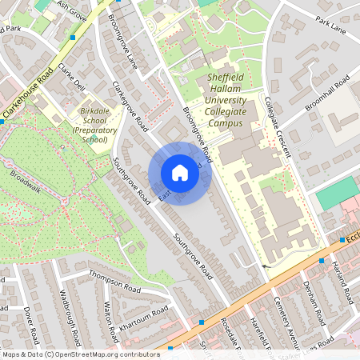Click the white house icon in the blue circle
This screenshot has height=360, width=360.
179,173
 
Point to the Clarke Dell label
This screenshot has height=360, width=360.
71,77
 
